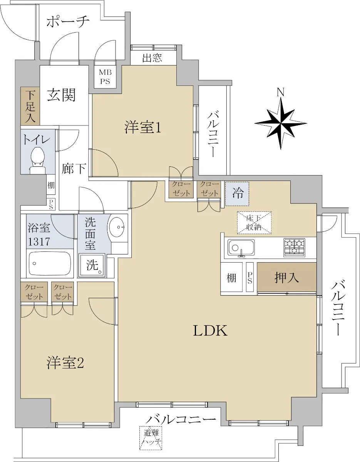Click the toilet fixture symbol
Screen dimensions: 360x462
pyautogui.click(x=37, y=160)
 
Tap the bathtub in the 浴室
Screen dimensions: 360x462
pyautogui.click(x=50, y=263)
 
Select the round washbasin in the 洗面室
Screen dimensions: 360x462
pyautogui.click(x=117, y=227)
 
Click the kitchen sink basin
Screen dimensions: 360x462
pyautogui.click(x=241, y=247)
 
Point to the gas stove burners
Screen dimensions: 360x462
pyautogui.click(x=294, y=247)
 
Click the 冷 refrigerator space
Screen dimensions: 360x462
pyautogui.click(x=237, y=194)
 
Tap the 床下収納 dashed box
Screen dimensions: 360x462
pyautogui.click(x=255, y=223)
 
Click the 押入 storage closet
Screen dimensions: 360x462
pyautogui.click(x=286, y=277)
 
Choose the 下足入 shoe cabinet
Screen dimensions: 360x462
pyautogui.click(x=30, y=106)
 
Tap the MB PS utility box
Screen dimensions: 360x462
pyautogui.click(x=105, y=77)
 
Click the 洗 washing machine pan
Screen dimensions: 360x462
pyautogui.click(x=92, y=265)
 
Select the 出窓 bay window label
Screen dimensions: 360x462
pyautogui.click(x=152, y=57)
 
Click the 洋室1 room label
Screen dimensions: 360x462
pyautogui.click(x=142, y=127)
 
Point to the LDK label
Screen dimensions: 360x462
pyautogui.click(x=210, y=331)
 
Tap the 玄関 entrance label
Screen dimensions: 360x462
pyautogui.click(x=61, y=95)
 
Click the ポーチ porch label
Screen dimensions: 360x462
pyautogui.click(x=68, y=22)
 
